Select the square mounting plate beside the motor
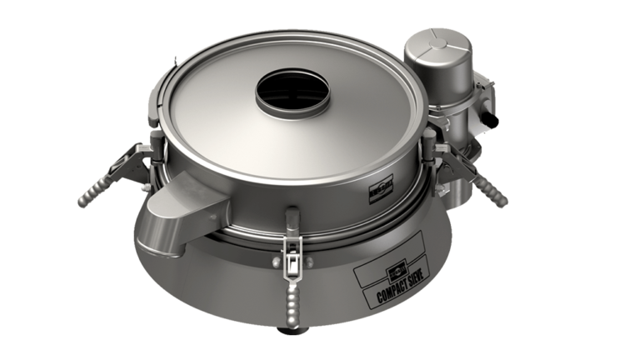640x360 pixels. click(x=483, y=100)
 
